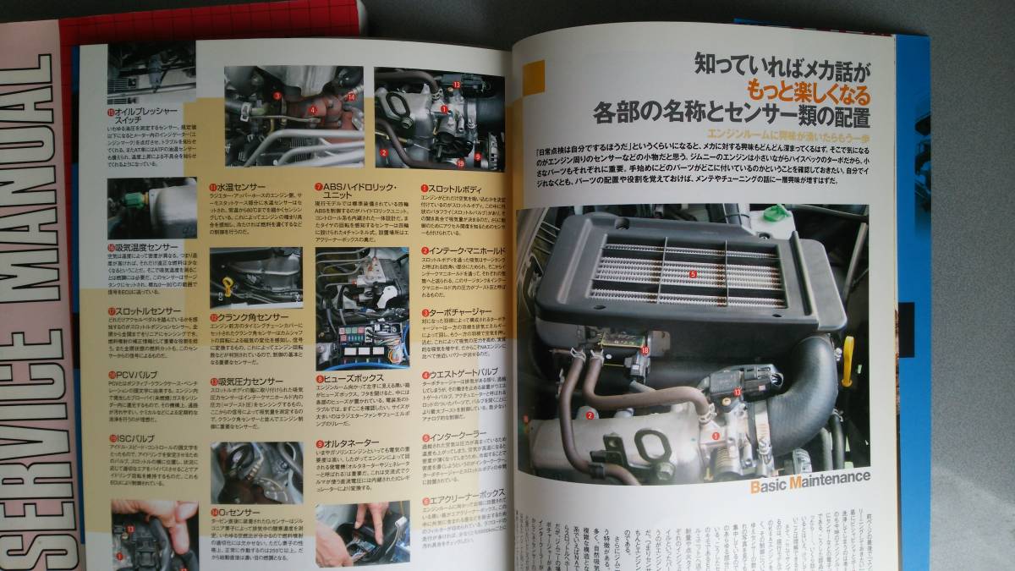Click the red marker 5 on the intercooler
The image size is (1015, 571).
(692, 274)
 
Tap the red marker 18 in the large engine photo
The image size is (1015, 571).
(645, 349)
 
